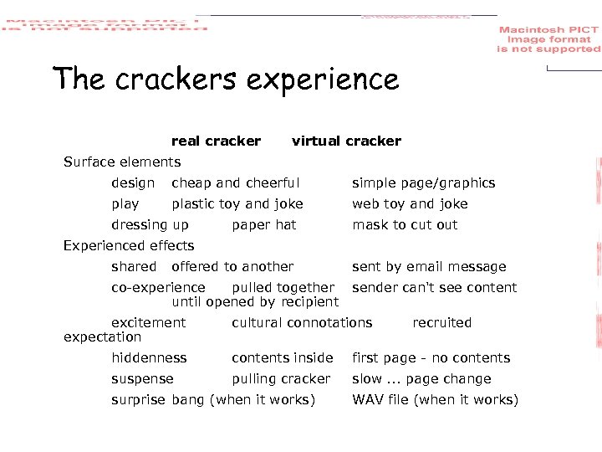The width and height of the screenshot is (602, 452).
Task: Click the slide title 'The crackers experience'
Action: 226,80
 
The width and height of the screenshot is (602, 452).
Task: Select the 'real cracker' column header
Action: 216,141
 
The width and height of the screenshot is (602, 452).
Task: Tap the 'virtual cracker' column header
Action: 346,141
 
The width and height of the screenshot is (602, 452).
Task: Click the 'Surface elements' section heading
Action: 122,162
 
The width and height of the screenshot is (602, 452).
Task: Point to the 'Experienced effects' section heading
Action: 129,246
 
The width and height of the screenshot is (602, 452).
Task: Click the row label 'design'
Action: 133,183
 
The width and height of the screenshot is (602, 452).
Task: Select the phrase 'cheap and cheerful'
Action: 235,183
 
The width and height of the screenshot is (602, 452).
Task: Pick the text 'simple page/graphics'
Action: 423,183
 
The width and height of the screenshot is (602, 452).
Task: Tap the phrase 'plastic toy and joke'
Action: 237,204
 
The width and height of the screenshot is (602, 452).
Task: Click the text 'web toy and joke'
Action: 410,204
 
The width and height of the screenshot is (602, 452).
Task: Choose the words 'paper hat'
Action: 263,225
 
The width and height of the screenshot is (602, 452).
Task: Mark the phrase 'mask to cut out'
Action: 405,225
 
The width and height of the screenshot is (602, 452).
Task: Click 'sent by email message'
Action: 429,267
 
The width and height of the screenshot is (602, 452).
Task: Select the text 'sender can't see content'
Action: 434,288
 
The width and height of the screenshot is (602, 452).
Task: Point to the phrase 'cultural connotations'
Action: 302,323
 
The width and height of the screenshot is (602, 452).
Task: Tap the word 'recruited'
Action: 441,323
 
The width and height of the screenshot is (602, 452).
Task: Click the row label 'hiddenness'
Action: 149,358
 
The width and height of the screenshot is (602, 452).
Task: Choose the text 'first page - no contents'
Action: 431,358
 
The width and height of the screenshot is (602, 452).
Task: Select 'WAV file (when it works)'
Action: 435,400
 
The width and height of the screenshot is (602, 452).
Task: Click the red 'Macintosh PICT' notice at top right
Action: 548,39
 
